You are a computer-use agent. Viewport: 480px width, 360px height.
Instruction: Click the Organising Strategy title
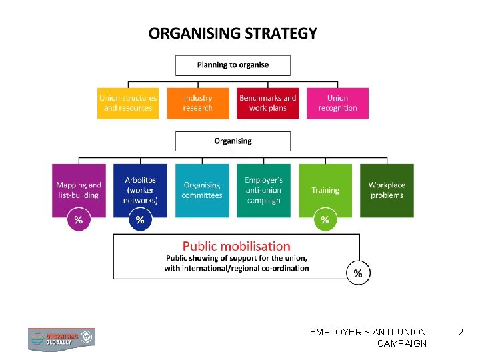click(x=233, y=33)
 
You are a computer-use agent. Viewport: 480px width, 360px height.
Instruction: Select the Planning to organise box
click(x=233, y=65)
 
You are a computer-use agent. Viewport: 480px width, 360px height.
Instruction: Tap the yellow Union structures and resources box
click(x=128, y=103)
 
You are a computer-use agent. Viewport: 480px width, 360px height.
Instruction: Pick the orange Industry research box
click(x=198, y=103)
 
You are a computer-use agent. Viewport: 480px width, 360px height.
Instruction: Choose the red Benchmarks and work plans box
click(x=267, y=103)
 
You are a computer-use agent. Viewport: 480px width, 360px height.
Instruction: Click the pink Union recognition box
click(x=337, y=103)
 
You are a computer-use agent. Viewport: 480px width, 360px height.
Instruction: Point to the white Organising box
click(x=233, y=141)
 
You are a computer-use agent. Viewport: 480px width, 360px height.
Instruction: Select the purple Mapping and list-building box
click(x=79, y=190)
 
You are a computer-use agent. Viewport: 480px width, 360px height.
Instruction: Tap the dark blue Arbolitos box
click(x=140, y=190)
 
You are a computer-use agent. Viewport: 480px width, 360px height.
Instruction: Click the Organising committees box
click(x=202, y=190)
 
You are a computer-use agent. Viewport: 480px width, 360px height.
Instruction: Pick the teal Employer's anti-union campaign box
click(x=263, y=190)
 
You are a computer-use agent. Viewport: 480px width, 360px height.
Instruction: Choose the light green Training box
click(x=325, y=190)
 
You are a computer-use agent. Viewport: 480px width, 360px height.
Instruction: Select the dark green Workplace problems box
click(x=387, y=190)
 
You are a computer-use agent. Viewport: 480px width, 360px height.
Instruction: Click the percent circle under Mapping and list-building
click(x=79, y=219)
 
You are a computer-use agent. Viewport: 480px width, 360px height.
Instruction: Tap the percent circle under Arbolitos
click(x=140, y=219)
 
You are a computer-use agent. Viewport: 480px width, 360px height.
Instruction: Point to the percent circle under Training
click(x=325, y=219)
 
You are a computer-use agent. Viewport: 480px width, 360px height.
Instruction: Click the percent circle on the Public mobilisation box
click(x=359, y=273)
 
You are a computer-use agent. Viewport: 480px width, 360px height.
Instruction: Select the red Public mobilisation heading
click(x=237, y=246)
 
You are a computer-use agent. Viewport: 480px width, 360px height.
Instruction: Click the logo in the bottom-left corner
click(x=61, y=339)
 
